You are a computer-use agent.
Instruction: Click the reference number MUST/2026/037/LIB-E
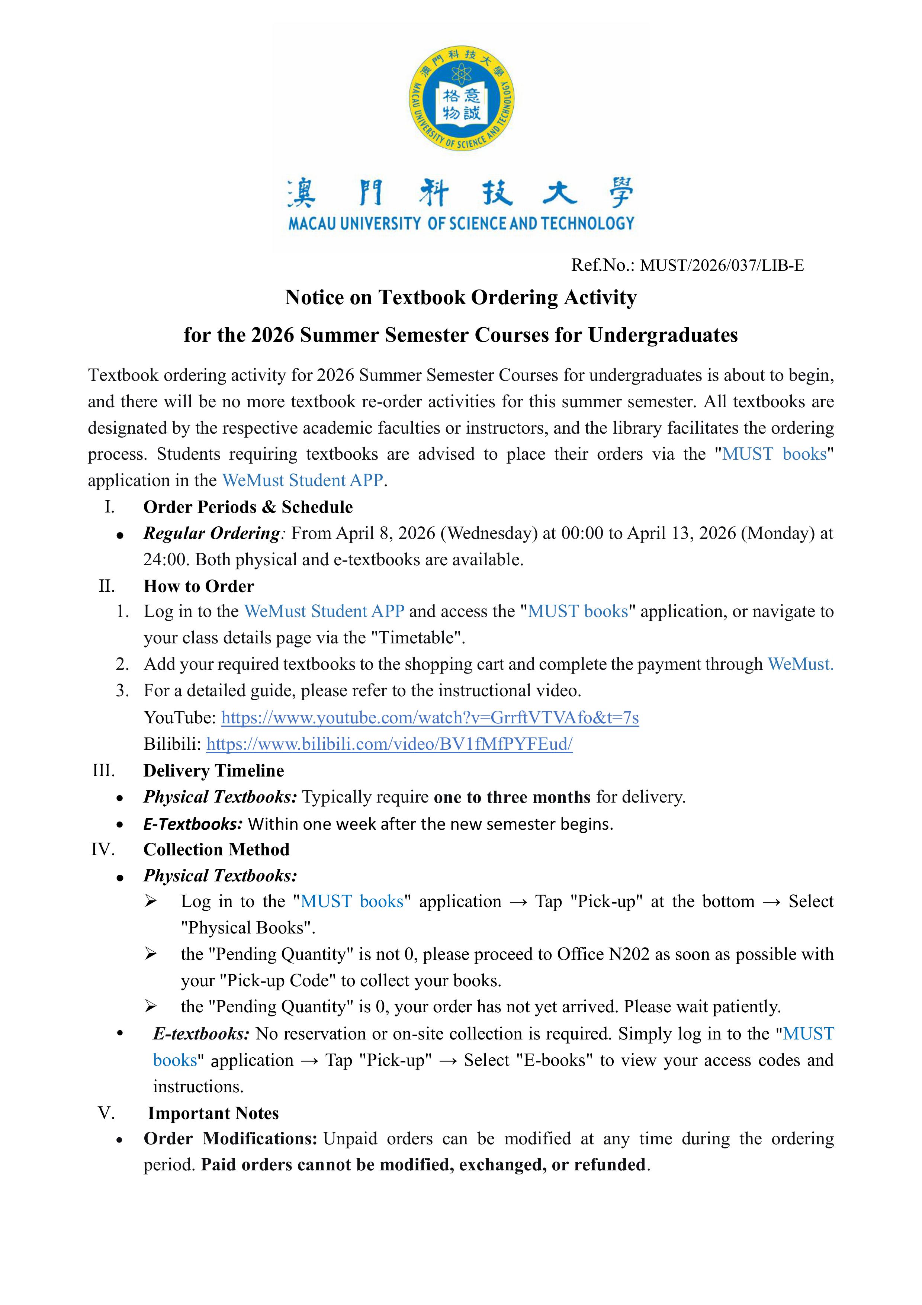[x=722, y=266]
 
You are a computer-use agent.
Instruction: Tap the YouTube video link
[x=430, y=717]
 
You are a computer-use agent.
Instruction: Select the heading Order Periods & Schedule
[x=248, y=507]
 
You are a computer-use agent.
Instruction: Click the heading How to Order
[x=198, y=586]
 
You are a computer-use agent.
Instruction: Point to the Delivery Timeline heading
[x=214, y=770]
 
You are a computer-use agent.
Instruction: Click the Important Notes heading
[x=213, y=1113]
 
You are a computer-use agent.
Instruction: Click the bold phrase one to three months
[x=512, y=797]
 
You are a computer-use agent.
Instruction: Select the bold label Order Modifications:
[x=230, y=1138]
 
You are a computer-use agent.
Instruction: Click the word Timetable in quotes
[x=417, y=638]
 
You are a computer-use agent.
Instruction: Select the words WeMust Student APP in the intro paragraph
[x=302, y=480]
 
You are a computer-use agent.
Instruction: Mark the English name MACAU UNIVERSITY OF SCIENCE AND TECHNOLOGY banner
[x=461, y=224]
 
